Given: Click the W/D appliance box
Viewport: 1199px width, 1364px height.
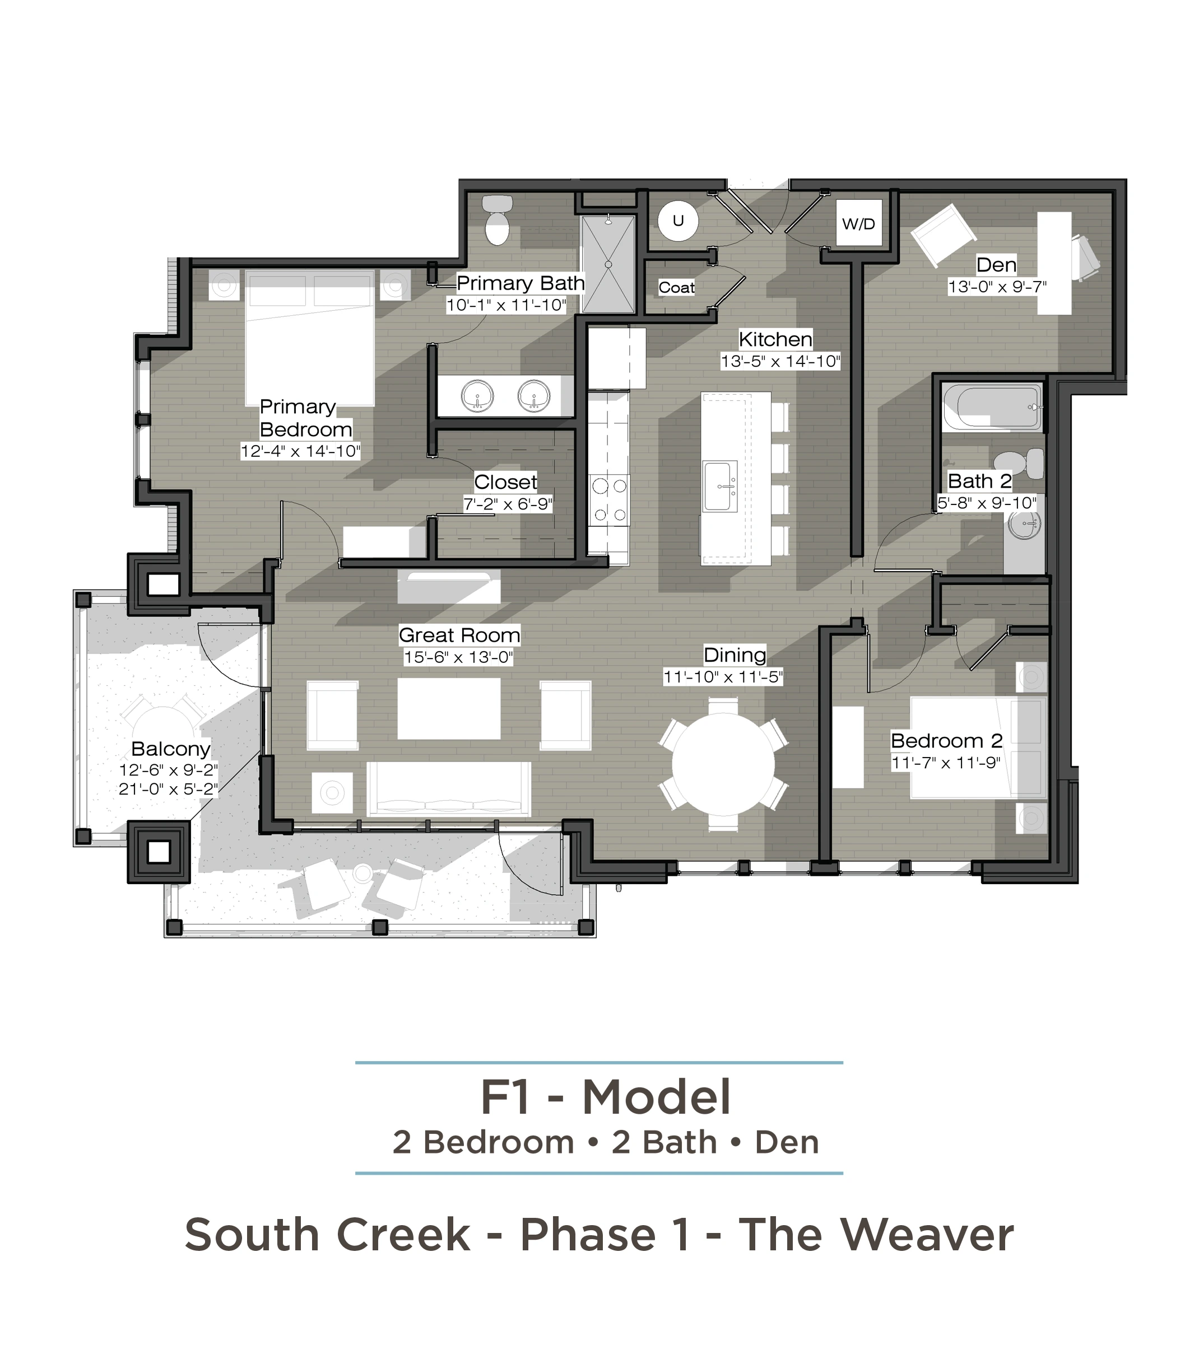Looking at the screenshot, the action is tap(858, 223).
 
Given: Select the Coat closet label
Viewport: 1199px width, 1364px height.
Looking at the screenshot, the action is tap(676, 288).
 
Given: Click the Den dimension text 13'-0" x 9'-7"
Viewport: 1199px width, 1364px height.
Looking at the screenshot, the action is tap(997, 287).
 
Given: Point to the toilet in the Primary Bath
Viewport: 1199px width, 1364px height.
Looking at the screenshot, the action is tap(497, 219).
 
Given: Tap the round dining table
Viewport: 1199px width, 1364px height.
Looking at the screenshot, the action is tap(723, 764).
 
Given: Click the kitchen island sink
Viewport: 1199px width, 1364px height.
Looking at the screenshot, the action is tap(719, 486).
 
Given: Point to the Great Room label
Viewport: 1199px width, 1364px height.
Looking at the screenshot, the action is tap(459, 634).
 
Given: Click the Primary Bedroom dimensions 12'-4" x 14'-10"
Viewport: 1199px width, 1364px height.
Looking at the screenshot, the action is tap(300, 451).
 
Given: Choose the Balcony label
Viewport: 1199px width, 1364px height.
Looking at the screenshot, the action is tap(171, 749).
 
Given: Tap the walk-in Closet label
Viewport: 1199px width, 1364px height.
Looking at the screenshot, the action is tap(505, 482).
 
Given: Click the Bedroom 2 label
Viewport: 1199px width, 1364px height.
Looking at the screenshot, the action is tap(947, 741).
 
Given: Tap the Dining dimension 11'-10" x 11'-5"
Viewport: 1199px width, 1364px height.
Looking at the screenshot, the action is tap(722, 676).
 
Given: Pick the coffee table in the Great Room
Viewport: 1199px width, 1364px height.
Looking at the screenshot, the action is tap(449, 709).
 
